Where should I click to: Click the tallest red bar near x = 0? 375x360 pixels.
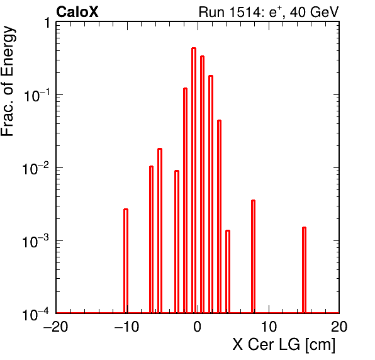(194, 181)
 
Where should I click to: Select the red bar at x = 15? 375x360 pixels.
(304, 270)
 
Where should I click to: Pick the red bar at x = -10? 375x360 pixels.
(126, 261)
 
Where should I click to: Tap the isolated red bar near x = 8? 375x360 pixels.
(253, 256)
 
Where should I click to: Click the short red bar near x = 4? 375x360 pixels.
(228, 272)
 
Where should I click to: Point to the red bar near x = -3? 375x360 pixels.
(177, 242)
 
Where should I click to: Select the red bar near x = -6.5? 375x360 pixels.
(151, 239)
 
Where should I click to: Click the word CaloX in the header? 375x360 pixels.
(77, 12)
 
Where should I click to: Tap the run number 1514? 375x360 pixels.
(245, 12)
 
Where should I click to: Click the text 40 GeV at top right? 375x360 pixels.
(314, 12)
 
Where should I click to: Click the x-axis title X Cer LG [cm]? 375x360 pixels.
(284, 345)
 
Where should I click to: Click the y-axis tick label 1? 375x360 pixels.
(47, 23)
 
